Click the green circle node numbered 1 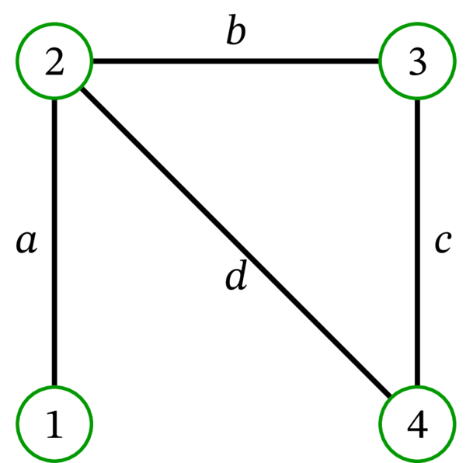(x=54, y=424)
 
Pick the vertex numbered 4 (x=418, y=424)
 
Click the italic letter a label (x=26, y=242)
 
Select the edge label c (x=443, y=242)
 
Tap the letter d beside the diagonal (x=235, y=277)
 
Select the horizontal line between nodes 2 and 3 (x=236, y=61)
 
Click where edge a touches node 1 (x=54, y=386)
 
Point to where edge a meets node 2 (x=54, y=99)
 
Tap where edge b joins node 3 (x=380, y=61)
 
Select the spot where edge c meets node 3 (x=418, y=99)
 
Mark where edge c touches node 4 (x=418, y=386)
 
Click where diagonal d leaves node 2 (x=82, y=89)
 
